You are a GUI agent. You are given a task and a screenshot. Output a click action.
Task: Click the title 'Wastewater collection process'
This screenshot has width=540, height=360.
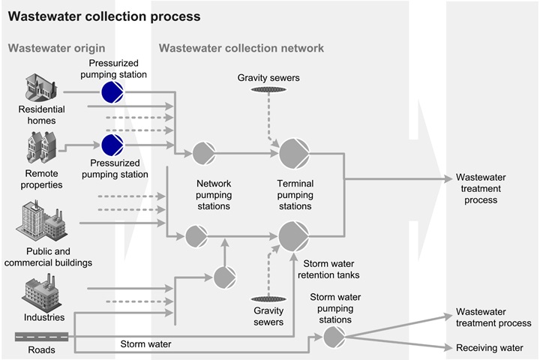(104, 16)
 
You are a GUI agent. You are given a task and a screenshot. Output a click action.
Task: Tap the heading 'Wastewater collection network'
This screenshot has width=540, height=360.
(241, 48)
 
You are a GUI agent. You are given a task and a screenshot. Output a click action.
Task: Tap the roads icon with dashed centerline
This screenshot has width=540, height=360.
(42, 336)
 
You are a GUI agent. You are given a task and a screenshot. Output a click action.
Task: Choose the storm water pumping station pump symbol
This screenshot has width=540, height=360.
(334, 337)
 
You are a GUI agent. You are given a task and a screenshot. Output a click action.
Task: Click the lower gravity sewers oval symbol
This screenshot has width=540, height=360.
(268, 299)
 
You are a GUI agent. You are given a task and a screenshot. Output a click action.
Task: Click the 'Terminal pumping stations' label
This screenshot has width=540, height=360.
(295, 194)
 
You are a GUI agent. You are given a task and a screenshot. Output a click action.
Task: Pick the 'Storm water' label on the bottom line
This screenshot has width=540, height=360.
(145, 344)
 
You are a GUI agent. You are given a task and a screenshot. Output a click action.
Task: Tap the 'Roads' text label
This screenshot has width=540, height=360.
(41, 349)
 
